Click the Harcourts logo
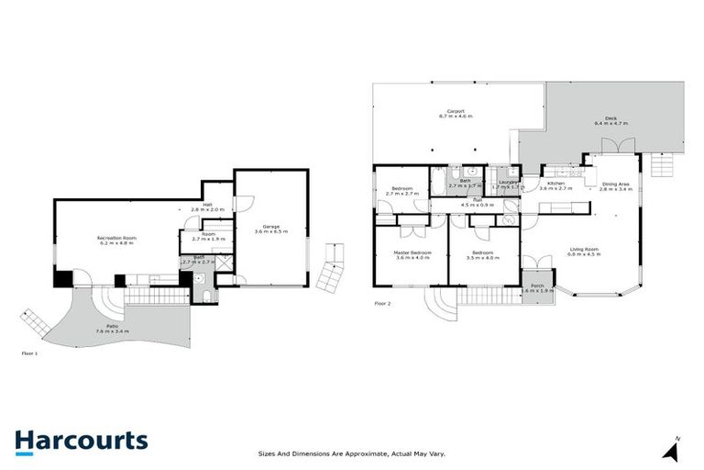point(81,440)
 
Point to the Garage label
point(271,226)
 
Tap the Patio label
point(113,325)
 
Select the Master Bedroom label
point(412,252)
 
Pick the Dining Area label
point(616,184)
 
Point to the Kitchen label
point(556,184)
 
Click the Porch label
point(537,285)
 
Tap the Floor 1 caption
point(30,352)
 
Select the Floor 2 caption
point(383,303)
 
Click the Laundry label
point(503,182)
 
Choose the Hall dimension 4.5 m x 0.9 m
point(478,206)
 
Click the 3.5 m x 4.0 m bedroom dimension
point(483,258)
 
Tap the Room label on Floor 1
point(208,234)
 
